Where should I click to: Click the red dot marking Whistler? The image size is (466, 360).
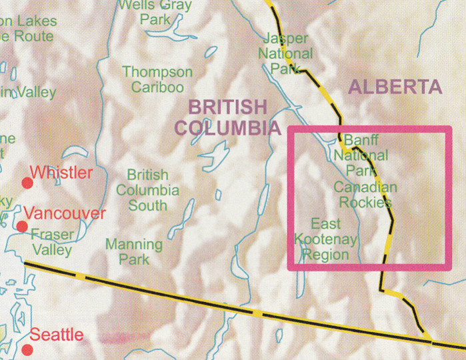[27, 183]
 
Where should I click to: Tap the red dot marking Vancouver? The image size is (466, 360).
[22, 227]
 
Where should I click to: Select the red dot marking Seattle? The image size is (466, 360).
[27, 349]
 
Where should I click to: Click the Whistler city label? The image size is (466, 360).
[65, 173]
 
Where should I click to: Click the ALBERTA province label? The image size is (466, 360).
[395, 87]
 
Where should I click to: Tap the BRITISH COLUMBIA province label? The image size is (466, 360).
[227, 117]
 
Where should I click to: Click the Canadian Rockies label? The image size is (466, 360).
[365, 195]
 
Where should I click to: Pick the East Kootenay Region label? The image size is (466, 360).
[326, 239]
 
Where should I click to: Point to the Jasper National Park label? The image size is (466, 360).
[287, 53]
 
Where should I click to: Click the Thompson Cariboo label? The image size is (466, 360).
[157, 79]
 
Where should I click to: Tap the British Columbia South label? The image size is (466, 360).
[147, 190]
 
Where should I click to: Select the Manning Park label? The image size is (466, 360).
[134, 252]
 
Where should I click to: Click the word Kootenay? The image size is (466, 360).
[326, 239]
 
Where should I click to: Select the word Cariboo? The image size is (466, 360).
[157, 87]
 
